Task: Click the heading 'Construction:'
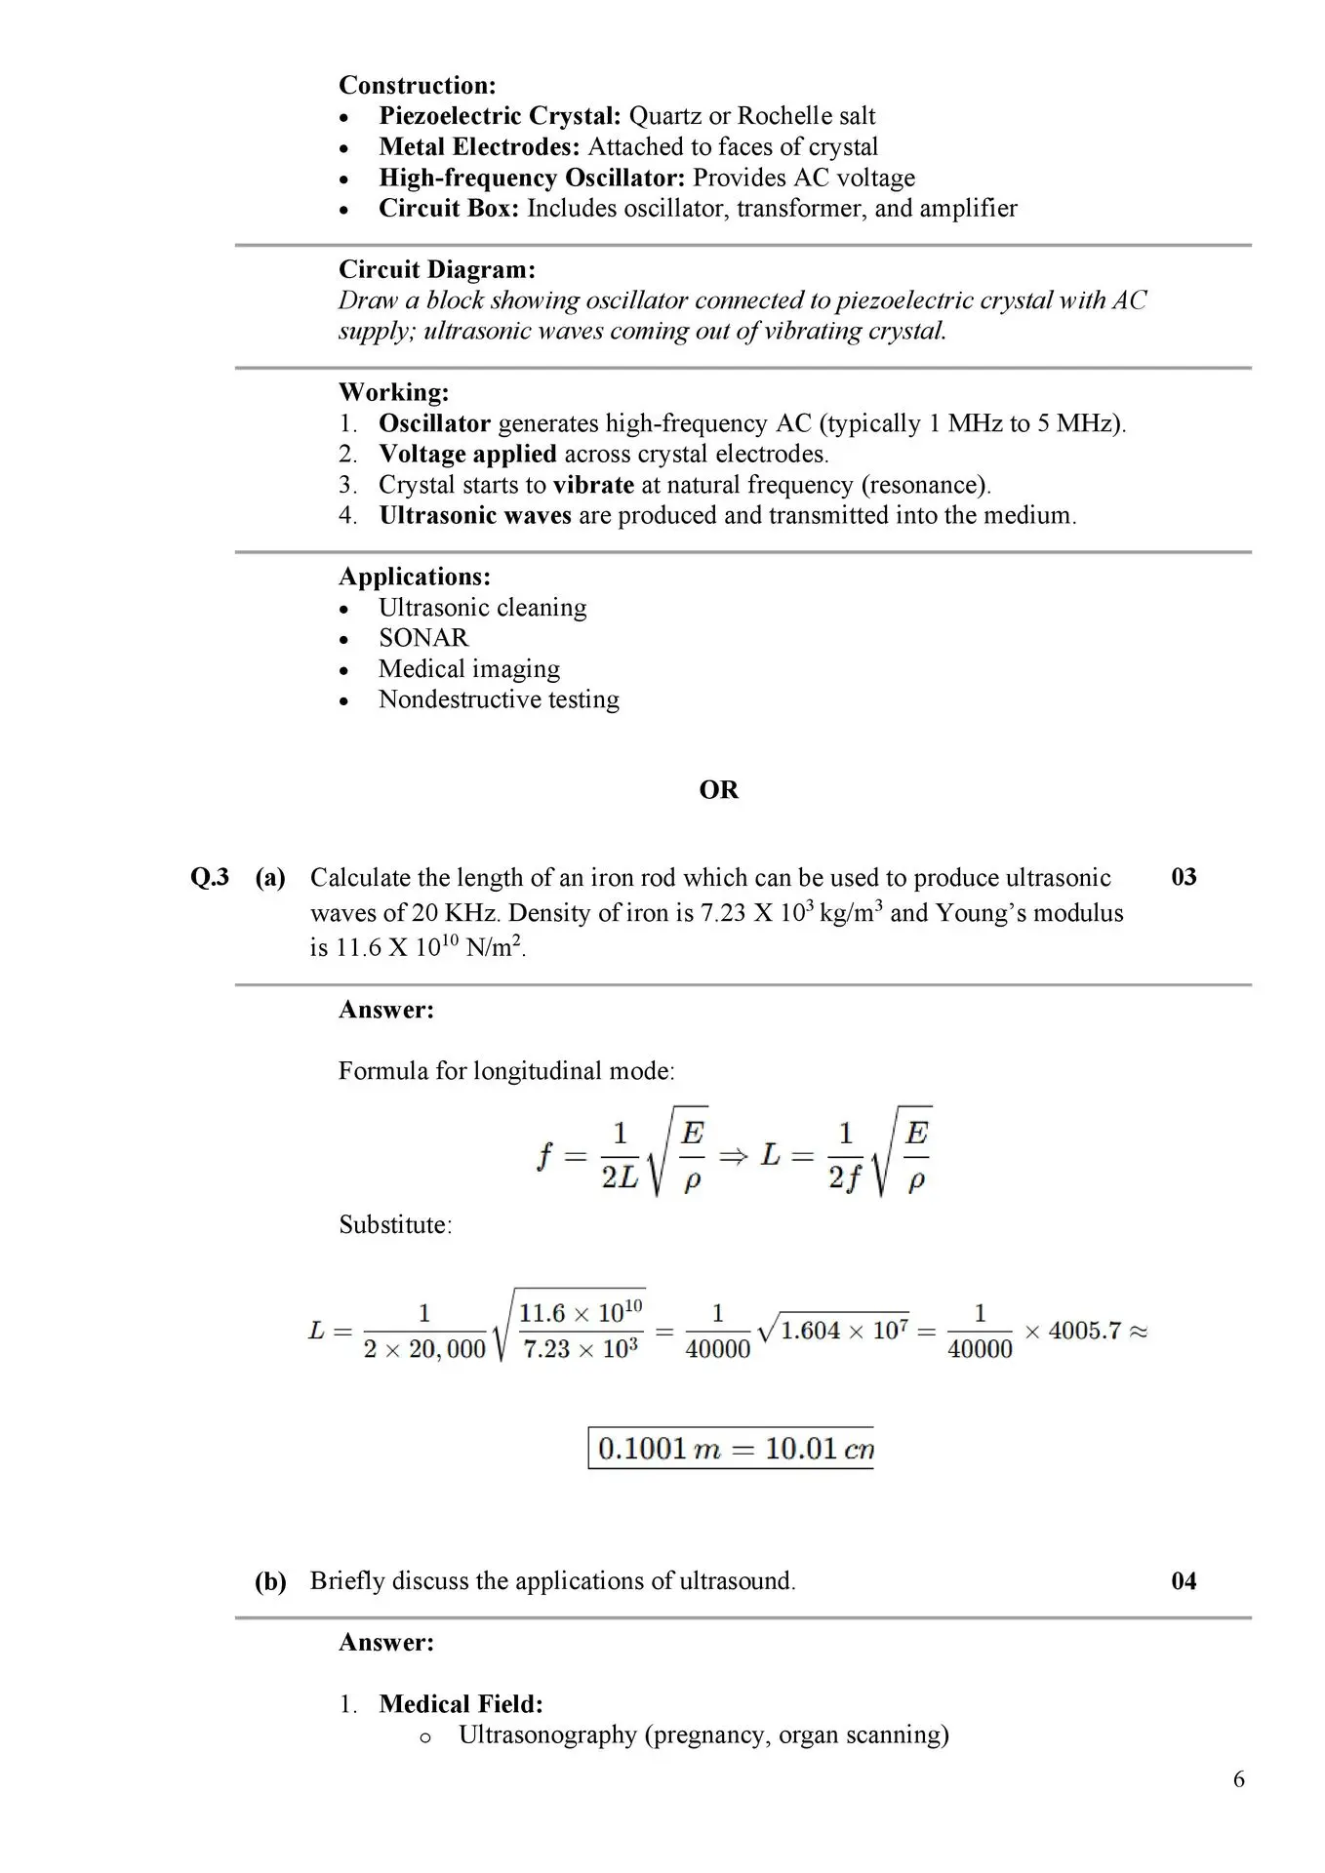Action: coord(417,86)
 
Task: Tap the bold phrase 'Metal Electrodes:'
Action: coord(479,147)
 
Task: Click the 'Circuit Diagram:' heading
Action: coord(436,269)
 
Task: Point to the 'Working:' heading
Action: coord(393,392)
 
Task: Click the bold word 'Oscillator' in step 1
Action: coord(434,423)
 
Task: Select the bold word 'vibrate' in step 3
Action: coord(592,485)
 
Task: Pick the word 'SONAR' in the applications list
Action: coord(423,638)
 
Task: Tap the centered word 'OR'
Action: coord(718,790)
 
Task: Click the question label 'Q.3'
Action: coord(209,877)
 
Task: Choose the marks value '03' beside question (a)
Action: coord(1183,877)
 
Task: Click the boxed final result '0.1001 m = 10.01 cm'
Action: coord(732,1449)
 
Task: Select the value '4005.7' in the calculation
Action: coord(1084,1331)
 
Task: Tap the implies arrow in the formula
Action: coord(733,1156)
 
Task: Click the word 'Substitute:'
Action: coord(395,1225)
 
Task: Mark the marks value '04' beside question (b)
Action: coord(1183,1581)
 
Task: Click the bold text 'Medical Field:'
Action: coord(461,1704)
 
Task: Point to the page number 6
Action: coord(1238,1779)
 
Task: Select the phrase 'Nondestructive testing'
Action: coord(499,699)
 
